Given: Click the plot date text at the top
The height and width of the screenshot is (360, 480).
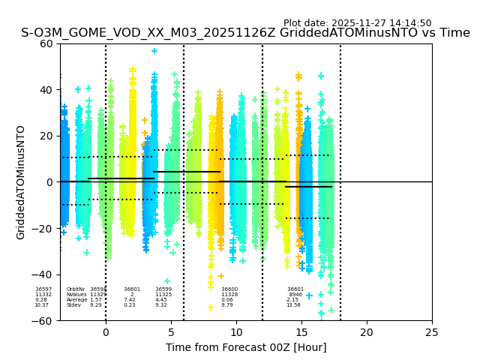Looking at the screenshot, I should click(x=357, y=23).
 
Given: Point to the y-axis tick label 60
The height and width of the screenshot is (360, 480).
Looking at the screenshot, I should click(x=45, y=43).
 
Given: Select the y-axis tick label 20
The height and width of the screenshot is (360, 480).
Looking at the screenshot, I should click(x=45, y=136).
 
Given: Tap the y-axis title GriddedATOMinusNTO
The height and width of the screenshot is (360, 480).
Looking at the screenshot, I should click(x=21, y=182).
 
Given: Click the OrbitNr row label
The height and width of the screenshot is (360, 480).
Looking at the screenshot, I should click(x=76, y=289).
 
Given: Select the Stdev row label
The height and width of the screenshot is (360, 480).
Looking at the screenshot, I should click(x=73, y=305).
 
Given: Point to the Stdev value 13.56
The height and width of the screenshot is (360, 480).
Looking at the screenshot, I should click(x=293, y=305).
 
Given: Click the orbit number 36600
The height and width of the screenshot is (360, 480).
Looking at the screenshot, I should click(x=229, y=289).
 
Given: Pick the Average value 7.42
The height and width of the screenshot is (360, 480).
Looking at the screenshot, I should click(x=130, y=300).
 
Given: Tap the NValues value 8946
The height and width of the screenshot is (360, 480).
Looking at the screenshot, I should click(x=295, y=295).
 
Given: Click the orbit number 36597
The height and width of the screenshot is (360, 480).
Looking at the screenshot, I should click(x=43, y=289).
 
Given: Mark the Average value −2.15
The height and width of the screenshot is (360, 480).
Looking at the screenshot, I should click(x=292, y=300).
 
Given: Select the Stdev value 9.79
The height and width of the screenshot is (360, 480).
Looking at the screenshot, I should click(x=227, y=305).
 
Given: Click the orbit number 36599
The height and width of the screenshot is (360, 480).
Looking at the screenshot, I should click(x=163, y=289).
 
